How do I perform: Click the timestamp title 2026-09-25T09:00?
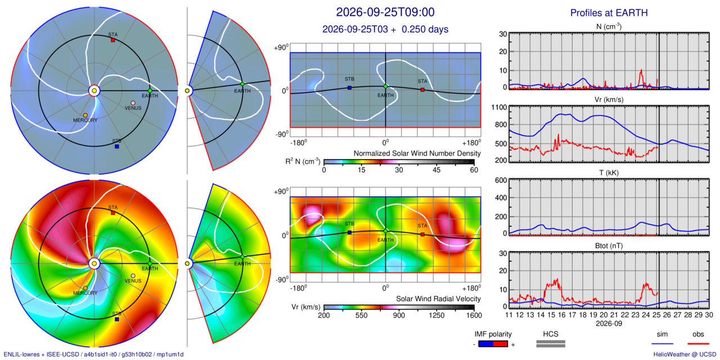point(385,12)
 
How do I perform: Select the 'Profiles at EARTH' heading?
point(609,13)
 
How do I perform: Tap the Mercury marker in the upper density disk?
point(85,115)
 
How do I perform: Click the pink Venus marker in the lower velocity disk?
point(133,276)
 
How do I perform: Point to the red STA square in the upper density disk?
point(113,40)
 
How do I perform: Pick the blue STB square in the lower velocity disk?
point(117,319)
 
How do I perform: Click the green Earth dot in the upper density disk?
point(150,91)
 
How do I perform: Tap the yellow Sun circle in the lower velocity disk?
point(94,264)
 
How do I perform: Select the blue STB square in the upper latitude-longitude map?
point(350,88)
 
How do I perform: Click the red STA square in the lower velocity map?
point(422,235)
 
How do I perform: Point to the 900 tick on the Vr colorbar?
point(399,316)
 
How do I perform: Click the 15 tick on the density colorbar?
point(362,170)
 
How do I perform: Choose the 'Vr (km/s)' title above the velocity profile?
point(609,100)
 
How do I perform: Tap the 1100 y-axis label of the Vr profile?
point(499,107)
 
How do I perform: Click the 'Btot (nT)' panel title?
point(609,246)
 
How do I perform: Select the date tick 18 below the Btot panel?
point(583,315)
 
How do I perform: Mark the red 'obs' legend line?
point(698,344)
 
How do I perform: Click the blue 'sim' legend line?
point(662,344)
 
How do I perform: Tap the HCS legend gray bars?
point(551,344)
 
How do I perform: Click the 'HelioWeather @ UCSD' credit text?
point(685,354)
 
